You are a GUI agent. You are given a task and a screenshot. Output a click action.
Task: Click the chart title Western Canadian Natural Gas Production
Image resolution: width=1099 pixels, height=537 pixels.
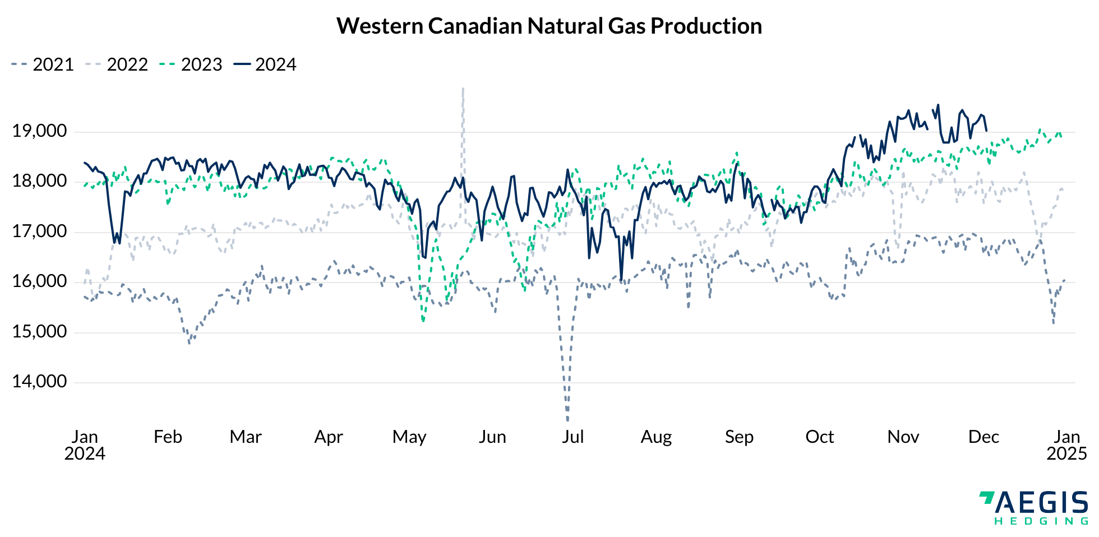coord(549,26)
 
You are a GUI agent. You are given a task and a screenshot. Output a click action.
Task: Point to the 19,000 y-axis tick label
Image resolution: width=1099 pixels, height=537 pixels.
coord(39,132)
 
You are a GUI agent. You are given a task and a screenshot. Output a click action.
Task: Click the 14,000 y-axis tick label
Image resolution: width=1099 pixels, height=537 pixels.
coord(39,382)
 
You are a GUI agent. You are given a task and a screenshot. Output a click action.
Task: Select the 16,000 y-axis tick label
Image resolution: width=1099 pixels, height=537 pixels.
coord(39,281)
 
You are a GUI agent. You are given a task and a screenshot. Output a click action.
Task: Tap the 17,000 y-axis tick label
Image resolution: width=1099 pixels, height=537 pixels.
coord(39,232)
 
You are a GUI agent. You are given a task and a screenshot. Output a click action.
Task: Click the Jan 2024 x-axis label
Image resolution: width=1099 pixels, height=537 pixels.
coord(85,445)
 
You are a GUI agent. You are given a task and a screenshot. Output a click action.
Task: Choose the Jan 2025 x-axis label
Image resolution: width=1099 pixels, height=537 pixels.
coord(1066,445)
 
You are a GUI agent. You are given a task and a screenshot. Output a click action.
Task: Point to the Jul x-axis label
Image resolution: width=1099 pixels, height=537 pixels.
coord(572,437)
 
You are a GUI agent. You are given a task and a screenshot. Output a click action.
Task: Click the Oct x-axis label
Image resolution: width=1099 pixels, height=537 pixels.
coord(819,437)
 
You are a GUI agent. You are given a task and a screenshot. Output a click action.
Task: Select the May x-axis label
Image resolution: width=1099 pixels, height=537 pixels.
coord(409,437)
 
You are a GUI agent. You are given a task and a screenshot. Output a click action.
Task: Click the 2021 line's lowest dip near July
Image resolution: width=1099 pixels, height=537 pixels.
coord(567,418)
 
